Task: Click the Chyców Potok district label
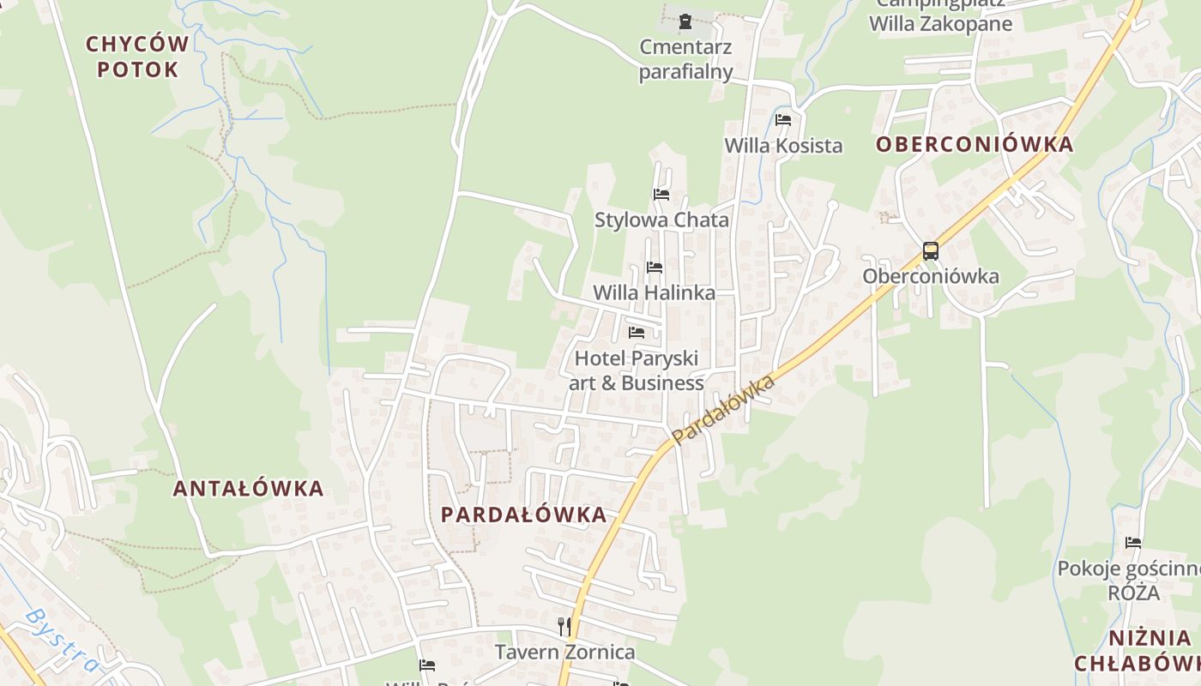point(137,57)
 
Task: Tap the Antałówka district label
point(248,489)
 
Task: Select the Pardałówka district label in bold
point(523,514)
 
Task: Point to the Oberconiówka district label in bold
point(975,144)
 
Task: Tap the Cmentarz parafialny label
point(685,58)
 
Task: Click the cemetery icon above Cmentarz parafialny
point(685,21)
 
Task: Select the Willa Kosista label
point(783,146)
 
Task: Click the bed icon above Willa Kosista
point(782,120)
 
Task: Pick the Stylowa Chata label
point(661,220)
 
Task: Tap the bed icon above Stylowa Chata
point(661,195)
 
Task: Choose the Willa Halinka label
point(654,293)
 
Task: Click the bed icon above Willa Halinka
point(655,268)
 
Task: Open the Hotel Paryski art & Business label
point(637,370)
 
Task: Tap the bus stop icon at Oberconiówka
point(930,251)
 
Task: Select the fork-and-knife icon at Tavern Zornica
point(564,627)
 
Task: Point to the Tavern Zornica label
point(565,653)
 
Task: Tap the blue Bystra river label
point(62,641)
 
